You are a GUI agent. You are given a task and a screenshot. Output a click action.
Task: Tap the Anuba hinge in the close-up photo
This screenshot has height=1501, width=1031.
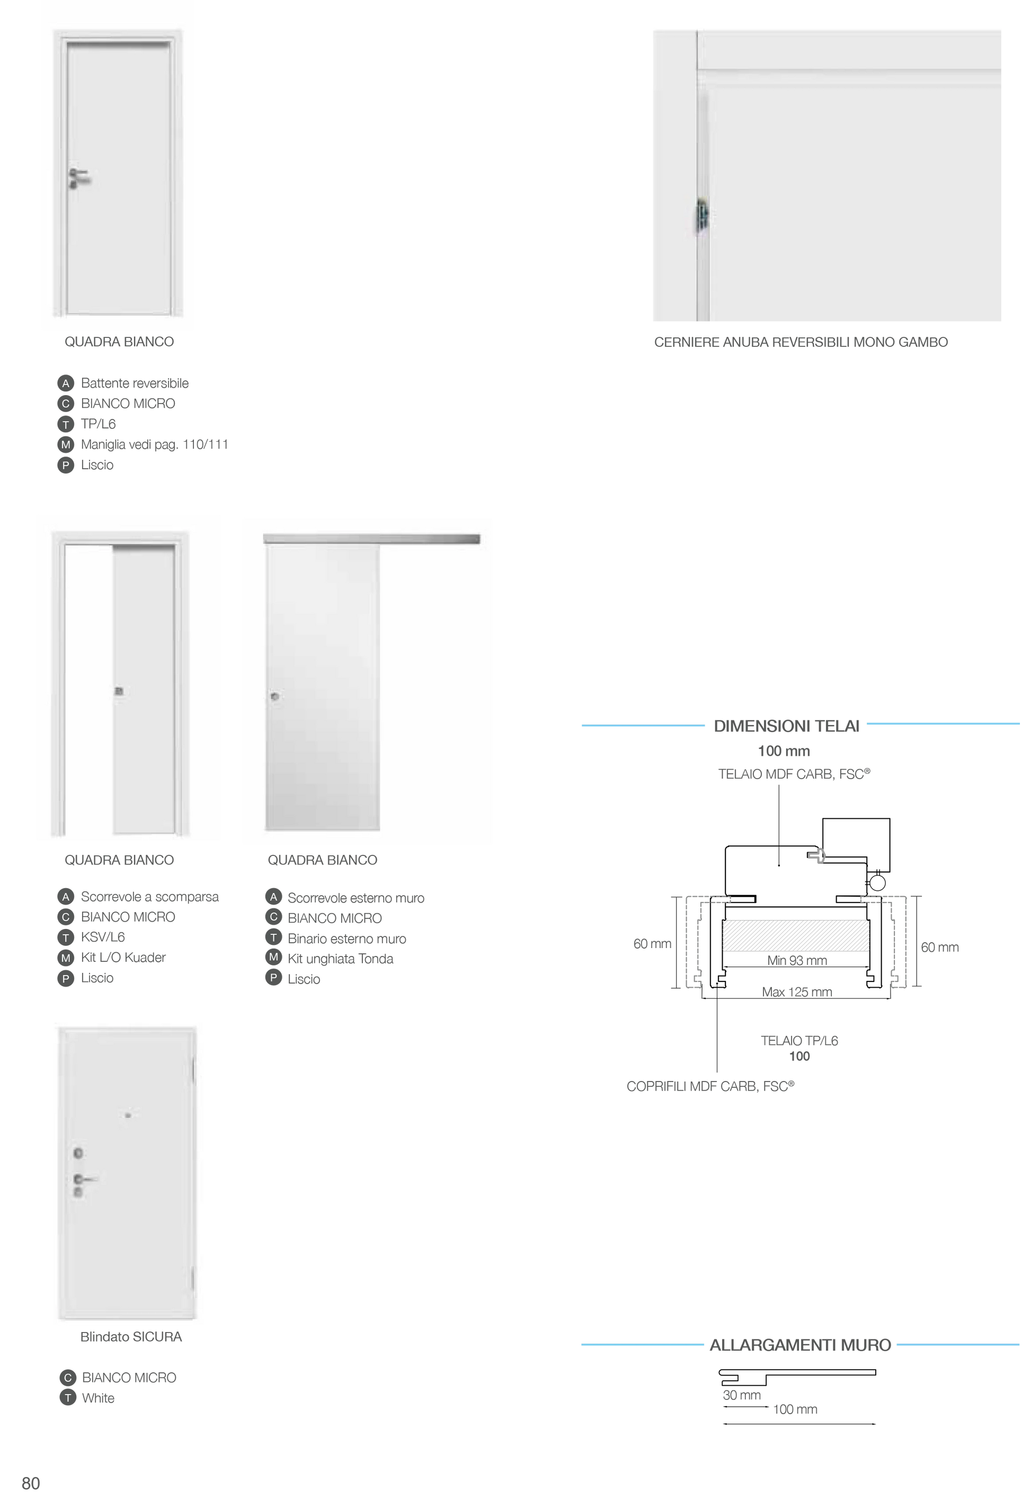pyautogui.click(x=702, y=217)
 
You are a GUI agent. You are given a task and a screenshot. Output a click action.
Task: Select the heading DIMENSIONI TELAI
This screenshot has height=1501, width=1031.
pyautogui.click(x=786, y=726)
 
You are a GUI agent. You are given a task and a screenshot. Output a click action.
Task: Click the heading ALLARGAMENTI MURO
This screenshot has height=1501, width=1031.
pyautogui.click(x=799, y=1345)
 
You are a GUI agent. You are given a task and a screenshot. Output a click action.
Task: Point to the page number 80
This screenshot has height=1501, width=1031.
pyautogui.click(x=31, y=1483)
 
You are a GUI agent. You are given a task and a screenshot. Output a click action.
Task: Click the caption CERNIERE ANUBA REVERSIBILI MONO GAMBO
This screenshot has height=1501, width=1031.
pyautogui.click(x=801, y=342)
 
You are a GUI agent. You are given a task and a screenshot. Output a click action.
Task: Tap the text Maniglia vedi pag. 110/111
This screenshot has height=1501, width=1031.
pyautogui.click(x=154, y=444)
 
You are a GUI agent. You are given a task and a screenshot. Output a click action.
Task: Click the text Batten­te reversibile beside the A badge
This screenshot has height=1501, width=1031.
pyautogui.click(x=135, y=383)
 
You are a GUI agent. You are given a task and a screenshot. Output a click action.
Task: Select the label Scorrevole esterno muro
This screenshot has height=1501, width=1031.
pyautogui.click(x=356, y=898)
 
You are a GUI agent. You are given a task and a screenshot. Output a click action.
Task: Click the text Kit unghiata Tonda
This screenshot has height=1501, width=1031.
pyautogui.click(x=341, y=959)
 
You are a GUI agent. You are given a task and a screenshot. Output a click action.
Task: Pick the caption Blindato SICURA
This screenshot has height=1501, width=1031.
pyautogui.click(x=131, y=1336)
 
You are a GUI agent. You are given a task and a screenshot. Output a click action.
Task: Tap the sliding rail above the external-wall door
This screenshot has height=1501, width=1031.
pyautogui.click(x=371, y=539)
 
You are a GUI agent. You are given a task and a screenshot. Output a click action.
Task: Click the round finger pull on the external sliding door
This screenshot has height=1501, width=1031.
pyautogui.click(x=275, y=696)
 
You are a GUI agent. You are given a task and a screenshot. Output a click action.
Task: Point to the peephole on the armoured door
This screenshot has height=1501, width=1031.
pyautogui.click(x=128, y=1115)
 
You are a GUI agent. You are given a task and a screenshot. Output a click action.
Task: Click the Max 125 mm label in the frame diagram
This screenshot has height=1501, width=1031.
pyautogui.click(x=796, y=991)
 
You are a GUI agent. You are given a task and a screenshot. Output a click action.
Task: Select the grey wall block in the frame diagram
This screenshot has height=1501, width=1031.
pyautogui.click(x=796, y=935)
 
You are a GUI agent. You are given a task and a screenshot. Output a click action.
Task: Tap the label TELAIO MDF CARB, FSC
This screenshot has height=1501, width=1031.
pyautogui.click(x=794, y=774)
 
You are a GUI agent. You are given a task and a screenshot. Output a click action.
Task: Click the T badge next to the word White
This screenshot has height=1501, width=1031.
pyautogui.click(x=68, y=1398)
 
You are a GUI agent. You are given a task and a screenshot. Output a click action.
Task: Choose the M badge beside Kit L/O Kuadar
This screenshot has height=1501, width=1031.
pyautogui.click(x=65, y=958)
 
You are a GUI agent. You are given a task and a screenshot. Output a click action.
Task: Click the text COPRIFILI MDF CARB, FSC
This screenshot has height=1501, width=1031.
pyautogui.click(x=710, y=1086)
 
